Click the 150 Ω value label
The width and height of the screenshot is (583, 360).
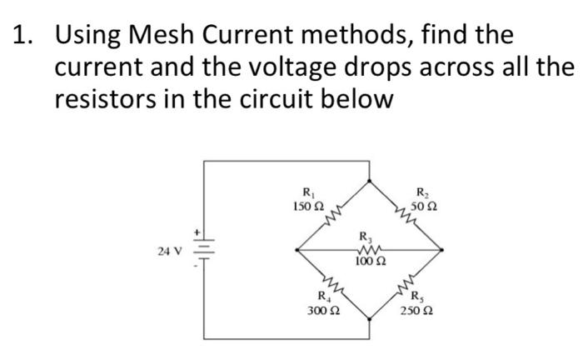[305, 205]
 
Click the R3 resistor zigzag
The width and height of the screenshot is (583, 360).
[370, 248]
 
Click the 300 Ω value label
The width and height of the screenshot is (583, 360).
[323, 310]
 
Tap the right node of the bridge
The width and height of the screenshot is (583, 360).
[444, 248]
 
